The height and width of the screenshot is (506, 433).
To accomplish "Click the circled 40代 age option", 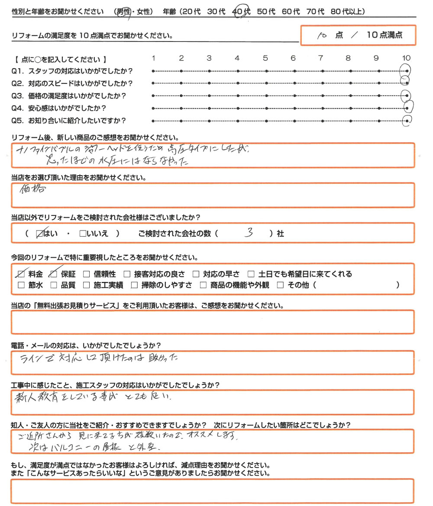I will click(x=241, y=13).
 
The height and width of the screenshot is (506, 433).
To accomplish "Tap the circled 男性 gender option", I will click(x=123, y=13).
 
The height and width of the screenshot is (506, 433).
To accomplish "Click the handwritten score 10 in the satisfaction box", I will click(x=321, y=36).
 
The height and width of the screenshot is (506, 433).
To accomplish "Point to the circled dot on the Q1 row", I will click(x=406, y=70).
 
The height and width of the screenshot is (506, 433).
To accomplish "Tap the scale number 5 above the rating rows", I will click(x=265, y=58).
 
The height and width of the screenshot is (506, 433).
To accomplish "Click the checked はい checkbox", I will click(x=40, y=234).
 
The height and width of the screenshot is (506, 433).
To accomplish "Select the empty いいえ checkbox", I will click(x=83, y=234).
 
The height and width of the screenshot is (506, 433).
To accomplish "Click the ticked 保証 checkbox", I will click(x=54, y=274).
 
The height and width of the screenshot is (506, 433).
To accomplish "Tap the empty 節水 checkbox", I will click(x=21, y=285).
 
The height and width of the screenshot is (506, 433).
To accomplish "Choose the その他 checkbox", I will click(x=280, y=285).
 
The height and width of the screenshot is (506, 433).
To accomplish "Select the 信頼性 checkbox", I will click(x=86, y=274).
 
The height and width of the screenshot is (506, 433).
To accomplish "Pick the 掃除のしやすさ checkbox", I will click(x=134, y=285).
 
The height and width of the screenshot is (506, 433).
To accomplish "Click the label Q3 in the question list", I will click(x=18, y=96).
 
